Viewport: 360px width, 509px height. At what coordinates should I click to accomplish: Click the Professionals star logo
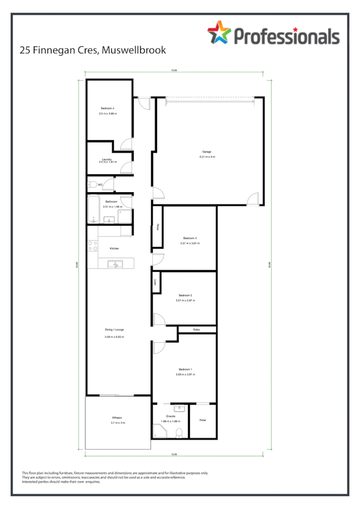(x=219, y=32)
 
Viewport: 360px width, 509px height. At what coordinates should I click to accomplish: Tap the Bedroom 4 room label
(x=108, y=108)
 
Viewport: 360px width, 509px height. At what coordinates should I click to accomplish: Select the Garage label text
(x=207, y=152)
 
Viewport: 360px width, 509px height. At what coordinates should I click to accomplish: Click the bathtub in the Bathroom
(x=93, y=209)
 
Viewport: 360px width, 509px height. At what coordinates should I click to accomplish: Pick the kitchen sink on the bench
(x=115, y=264)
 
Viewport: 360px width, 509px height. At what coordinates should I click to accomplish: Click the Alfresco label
(x=118, y=418)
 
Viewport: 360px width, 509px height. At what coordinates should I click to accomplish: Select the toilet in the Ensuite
(x=179, y=433)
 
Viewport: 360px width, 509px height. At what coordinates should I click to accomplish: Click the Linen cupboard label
(x=156, y=282)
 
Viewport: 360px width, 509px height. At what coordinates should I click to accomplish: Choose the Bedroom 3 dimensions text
(x=190, y=243)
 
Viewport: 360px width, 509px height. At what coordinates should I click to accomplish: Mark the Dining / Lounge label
(x=114, y=329)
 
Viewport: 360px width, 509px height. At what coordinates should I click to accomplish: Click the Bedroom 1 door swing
(x=159, y=348)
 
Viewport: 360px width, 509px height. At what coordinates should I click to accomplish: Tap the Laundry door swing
(x=126, y=167)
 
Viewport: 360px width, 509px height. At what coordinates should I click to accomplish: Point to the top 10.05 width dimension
(x=174, y=71)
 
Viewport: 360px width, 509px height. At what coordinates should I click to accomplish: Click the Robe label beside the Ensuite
(x=203, y=420)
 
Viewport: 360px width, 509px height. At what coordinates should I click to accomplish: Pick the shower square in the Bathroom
(x=125, y=217)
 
